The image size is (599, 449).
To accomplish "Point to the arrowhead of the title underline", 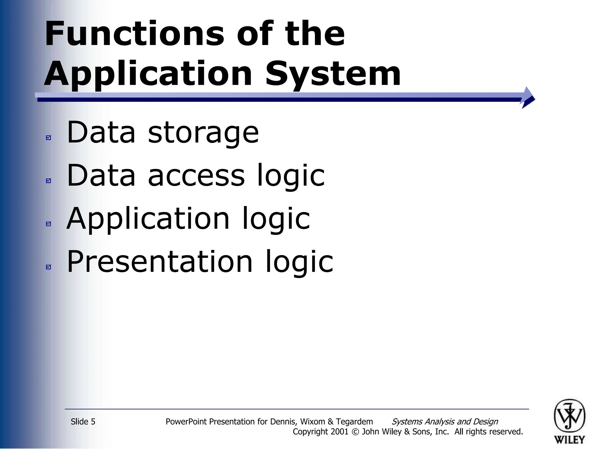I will (x=528, y=98).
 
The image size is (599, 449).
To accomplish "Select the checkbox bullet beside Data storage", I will (x=49, y=137).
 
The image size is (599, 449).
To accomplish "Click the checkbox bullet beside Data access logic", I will (x=49, y=181).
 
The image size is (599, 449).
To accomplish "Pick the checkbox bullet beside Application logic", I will (x=49, y=224).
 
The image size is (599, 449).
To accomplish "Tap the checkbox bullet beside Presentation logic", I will (x=49, y=267).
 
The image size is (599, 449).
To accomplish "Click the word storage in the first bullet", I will (x=203, y=133).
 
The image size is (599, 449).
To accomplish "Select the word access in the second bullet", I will (x=196, y=176).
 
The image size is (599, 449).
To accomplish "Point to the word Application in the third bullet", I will (x=148, y=219).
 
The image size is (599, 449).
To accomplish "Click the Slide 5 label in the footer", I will (x=83, y=422).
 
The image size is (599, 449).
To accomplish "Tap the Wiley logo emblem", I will (x=569, y=416).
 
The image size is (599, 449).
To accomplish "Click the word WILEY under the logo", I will (x=569, y=440).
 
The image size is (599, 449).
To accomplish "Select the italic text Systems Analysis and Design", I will (x=445, y=422).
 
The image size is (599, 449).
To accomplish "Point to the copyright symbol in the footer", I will (x=355, y=432).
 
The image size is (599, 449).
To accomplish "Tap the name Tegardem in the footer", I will (x=354, y=422).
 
